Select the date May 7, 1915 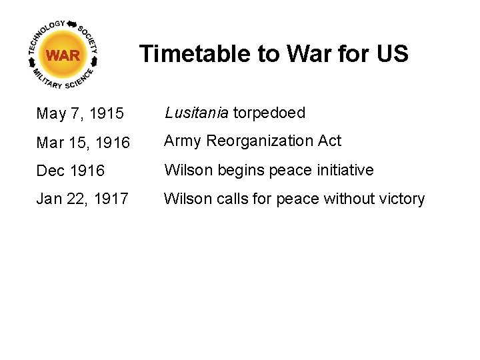coord(80,114)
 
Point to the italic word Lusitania coord(197,113)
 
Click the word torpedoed coord(269,113)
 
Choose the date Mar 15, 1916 coord(83,143)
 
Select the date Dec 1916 coord(71,171)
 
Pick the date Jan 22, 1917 coord(82,199)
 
